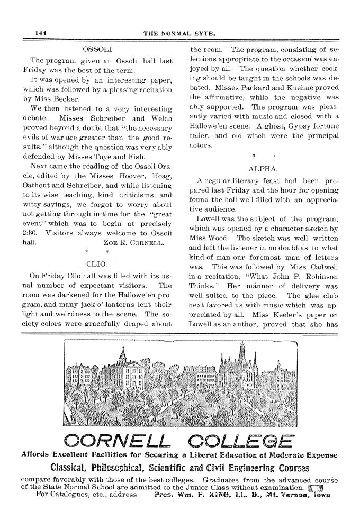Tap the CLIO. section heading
(96, 262)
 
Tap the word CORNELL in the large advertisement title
(116, 440)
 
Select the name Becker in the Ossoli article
(65, 98)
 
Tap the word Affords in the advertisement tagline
(35, 454)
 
